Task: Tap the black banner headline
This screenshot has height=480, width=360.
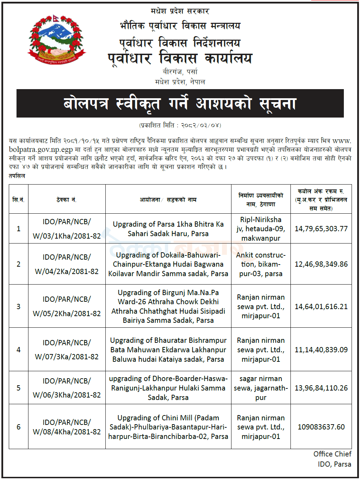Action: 180,104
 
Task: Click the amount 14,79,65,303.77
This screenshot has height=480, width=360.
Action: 321,229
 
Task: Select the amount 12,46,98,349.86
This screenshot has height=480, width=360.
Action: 321,264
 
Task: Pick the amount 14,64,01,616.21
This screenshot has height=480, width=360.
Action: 321,307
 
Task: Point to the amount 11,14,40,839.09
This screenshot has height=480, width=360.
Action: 321,350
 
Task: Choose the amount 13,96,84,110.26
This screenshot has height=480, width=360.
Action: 321,388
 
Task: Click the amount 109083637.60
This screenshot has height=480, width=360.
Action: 321,427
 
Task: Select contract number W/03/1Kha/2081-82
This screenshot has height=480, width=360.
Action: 67,236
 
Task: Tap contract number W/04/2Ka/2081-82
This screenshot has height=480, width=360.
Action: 67,272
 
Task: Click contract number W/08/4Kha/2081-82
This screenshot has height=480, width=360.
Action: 67,432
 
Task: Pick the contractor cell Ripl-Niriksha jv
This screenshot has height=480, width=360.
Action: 261,229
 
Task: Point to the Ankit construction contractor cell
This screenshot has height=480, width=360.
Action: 261,264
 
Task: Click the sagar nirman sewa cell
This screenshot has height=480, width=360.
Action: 261,388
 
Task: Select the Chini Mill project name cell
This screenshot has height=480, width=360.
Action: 168,427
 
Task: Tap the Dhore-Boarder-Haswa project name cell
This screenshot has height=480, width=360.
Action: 168,388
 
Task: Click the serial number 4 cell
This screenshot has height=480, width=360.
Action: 19,350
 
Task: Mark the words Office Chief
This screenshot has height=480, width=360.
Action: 332,454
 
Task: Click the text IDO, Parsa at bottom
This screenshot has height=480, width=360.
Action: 334,464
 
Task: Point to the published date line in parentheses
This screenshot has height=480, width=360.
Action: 180,125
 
